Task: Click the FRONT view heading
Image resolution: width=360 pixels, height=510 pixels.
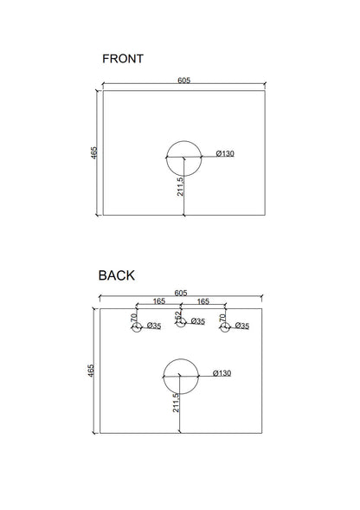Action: [123, 59]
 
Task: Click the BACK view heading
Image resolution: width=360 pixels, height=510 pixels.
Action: [117, 275]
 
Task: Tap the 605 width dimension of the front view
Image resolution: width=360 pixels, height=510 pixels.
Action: [183, 80]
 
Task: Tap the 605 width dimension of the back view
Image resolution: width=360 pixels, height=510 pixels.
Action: [181, 293]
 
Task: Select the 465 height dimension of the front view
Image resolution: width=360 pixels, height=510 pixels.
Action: [93, 153]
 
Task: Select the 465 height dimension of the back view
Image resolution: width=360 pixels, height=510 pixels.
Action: [91, 371]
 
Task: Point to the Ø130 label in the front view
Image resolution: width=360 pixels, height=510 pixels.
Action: [225, 153]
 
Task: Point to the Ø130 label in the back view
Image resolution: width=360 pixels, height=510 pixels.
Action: [222, 373]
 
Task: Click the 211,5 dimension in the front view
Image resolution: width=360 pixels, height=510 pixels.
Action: [180, 186]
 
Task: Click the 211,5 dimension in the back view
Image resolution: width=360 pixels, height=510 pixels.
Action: [176, 403]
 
